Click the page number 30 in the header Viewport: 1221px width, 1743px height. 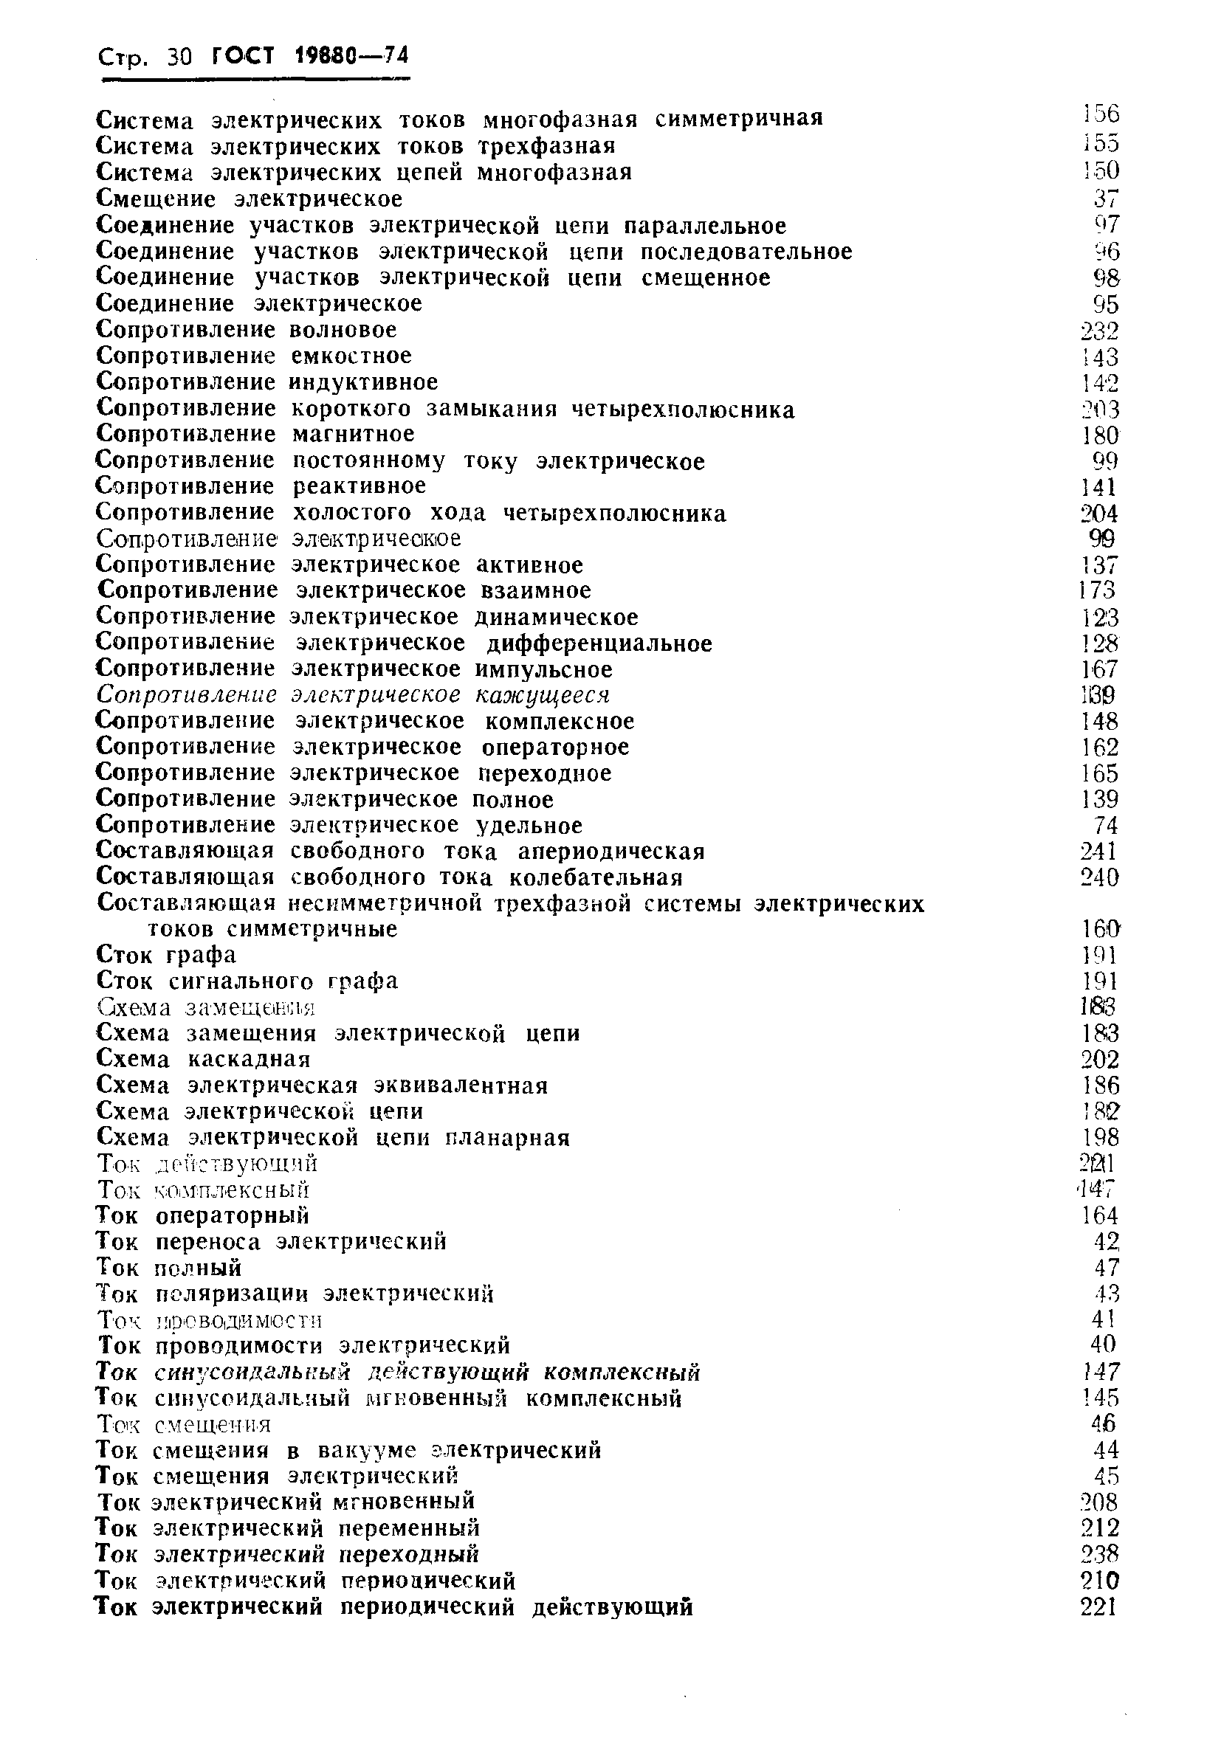click(179, 57)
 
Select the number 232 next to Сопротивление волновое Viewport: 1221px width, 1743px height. click(1099, 331)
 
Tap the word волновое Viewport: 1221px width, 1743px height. click(344, 331)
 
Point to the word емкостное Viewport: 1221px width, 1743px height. click(351, 356)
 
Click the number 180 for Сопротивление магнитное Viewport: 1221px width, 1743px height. click(1099, 435)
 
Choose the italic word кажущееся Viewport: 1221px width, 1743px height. click(543, 695)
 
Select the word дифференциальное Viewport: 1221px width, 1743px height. click(599, 643)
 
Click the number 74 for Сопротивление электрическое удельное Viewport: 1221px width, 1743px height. click(1107, 826)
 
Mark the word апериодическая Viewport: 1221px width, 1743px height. click(612, 852)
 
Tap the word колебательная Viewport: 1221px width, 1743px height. click(596, 878)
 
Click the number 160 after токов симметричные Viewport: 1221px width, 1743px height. click(1099, 929)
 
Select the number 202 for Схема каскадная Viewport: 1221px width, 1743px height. click(1099, 1060)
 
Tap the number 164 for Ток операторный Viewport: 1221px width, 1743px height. click(1099, 1216)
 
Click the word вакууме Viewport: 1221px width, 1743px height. click(367, 1451)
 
